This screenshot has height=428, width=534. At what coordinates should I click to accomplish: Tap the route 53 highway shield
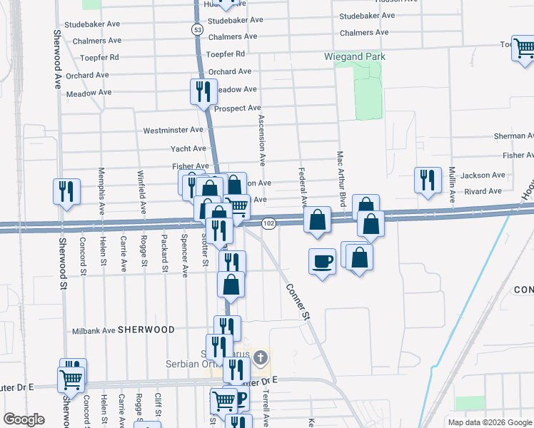(x=196, y=29)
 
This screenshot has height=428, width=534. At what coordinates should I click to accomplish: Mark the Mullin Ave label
(x=452, y=184)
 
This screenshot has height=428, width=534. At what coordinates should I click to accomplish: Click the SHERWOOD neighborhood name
(x=146, y=330)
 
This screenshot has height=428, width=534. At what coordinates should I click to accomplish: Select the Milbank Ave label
(x=94, y=331)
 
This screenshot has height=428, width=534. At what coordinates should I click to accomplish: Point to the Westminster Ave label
(x=173, y=131)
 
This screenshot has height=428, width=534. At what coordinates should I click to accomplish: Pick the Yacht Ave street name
(x=188, y=148)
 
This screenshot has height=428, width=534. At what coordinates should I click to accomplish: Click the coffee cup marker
(x=322, y=261)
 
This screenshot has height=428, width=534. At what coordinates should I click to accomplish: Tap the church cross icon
(x=261, y=357)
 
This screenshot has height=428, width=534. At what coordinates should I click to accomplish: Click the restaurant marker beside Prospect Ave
(x=203, y=91)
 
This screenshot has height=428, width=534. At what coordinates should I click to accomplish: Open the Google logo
(x=24, y=419)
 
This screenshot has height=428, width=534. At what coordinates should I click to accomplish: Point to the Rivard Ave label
(x=483, y=191)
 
